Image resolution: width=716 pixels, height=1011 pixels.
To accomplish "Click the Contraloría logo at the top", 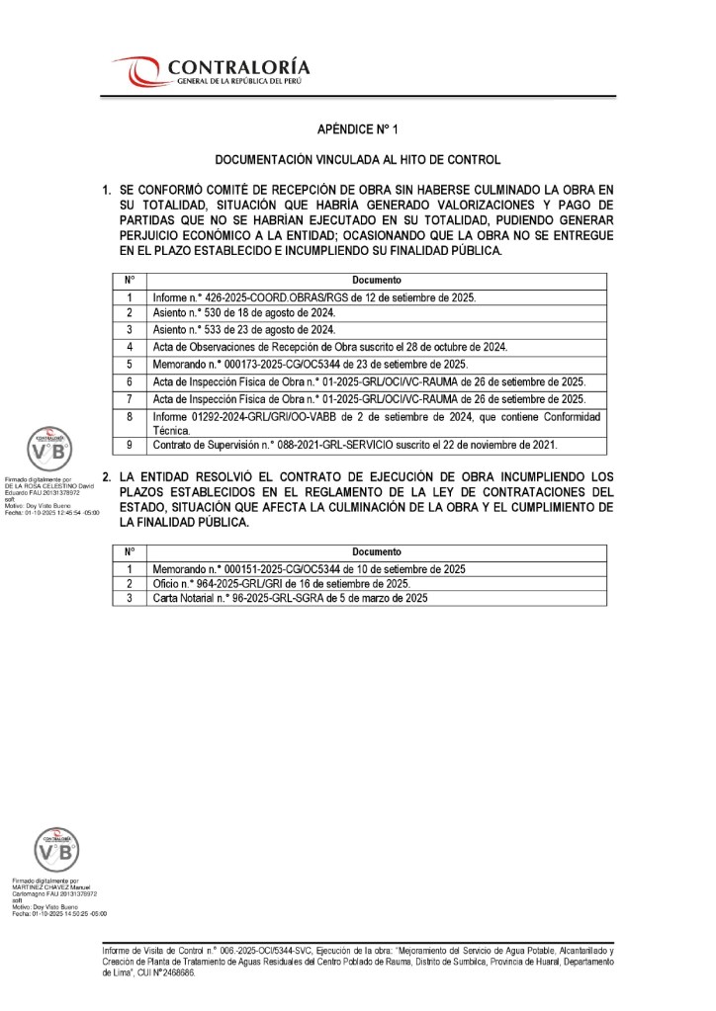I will click(x=214, y=71).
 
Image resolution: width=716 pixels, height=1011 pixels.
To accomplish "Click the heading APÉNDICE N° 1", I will click(x=357, y=129).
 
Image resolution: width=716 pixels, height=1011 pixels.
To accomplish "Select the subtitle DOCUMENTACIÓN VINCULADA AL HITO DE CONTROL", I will click(x=357, y=159).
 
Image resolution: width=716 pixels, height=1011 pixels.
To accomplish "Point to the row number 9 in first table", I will click(x=130, y=446).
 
